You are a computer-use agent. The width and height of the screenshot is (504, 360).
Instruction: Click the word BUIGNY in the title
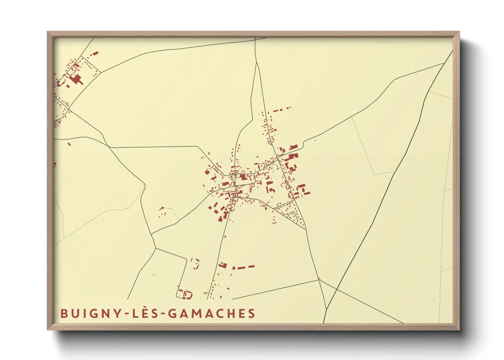click(x=90, y=313)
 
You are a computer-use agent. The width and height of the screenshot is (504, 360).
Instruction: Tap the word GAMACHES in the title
click(x=212, y=313)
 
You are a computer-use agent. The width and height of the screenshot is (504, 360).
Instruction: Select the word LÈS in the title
click(x=146, y=313)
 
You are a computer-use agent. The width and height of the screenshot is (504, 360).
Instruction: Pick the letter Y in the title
click(x=117, y=313)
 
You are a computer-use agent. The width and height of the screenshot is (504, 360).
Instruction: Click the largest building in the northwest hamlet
click(x=76, y=79)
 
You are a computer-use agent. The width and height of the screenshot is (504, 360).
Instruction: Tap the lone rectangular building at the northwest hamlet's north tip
click(x=95, y=53)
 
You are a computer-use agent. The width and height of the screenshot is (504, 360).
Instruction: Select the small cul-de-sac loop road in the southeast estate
click(x=292, y=215)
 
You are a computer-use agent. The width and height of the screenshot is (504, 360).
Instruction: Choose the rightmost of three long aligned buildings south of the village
click(x=251, y=266)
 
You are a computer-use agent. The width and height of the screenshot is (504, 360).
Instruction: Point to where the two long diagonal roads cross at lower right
click(x=337, y=289)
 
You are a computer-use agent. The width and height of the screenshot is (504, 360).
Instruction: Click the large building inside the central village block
click(x=243, y=177)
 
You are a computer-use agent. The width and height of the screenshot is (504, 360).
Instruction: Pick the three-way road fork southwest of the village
click(x=156, y=248)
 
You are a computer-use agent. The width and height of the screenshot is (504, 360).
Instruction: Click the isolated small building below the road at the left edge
click(x=69, y=144)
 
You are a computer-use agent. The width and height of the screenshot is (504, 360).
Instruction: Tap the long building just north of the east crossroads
click(x=294, y=147)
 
